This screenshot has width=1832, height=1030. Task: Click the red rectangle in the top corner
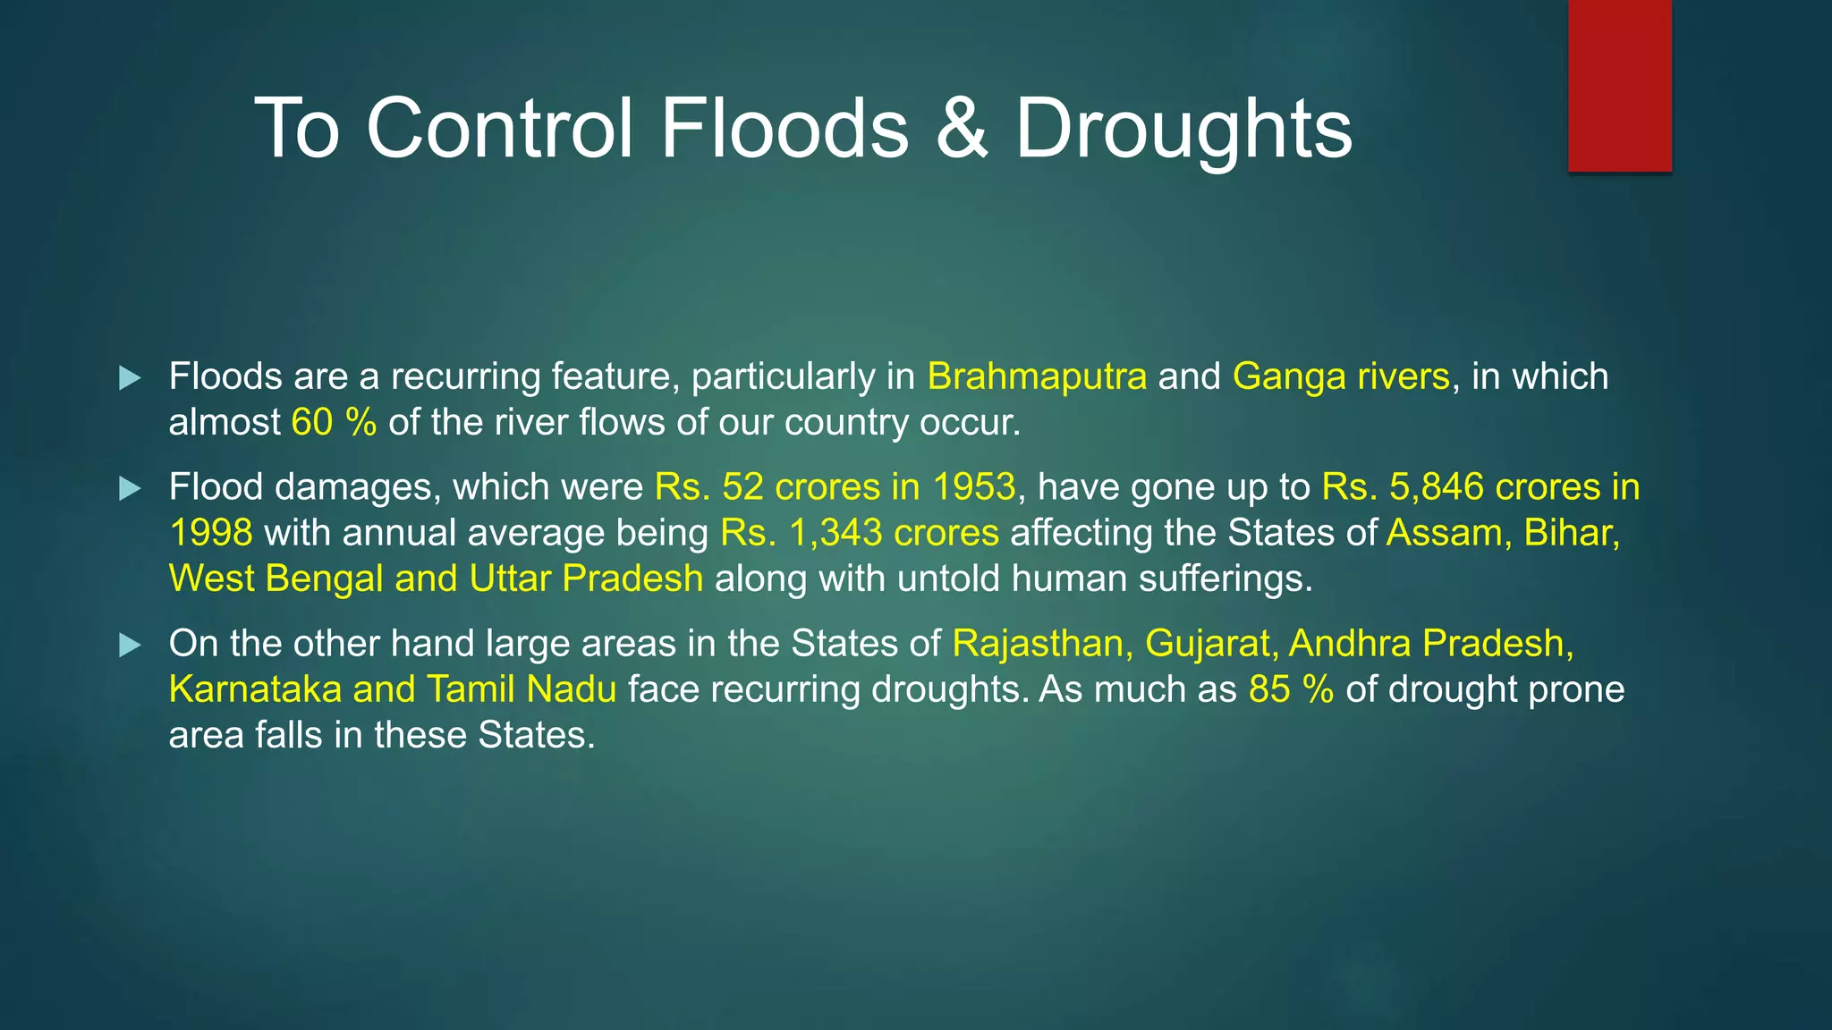1619,85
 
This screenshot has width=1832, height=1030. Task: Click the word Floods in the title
785,129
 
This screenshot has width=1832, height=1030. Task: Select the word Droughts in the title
1183,131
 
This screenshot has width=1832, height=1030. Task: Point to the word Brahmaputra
1037,376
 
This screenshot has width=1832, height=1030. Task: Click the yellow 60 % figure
334,422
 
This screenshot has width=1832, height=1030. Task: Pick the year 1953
973,487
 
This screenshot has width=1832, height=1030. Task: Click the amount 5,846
1437,487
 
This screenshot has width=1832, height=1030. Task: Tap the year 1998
211,533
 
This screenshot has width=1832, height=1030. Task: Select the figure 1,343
835,533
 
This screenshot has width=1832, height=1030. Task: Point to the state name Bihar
1571,533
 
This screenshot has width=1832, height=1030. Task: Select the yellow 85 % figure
1291,689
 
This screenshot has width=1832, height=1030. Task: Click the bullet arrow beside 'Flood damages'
131,488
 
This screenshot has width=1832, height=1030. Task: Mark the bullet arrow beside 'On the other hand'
131,645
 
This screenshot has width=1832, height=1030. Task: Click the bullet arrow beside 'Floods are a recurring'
131,377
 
